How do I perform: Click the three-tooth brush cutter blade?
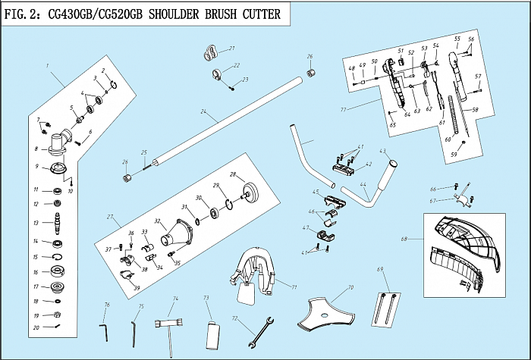coord(324,313)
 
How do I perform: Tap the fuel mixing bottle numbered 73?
coord(212,333)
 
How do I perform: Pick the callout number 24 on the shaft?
coord(203,112)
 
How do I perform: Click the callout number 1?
coord(47,66)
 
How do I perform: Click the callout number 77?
coord(343,110)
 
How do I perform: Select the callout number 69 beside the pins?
coord(379,269)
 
